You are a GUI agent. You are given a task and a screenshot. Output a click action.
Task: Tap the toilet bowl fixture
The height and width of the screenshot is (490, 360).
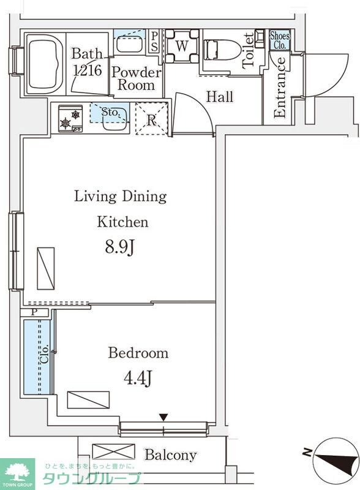pyautogui.click(x=222, y=50)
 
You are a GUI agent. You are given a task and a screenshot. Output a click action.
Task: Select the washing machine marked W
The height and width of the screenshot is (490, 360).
pyautogui.click(x=182, y=46)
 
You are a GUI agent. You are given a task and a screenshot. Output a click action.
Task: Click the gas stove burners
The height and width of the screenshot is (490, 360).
pyautogui.click(x=70, y=119)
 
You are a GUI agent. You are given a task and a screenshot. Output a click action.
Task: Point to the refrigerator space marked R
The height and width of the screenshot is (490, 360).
pyautogui.click(x=152, y=118)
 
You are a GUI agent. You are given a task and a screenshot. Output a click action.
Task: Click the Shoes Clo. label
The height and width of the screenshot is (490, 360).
pyautogui.click(x=280, y=40)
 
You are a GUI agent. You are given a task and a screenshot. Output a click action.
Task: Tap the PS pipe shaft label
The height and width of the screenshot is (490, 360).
pyautogui.click(x=154, y=41)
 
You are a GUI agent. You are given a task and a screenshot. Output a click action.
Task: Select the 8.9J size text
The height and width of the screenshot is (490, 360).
pyautogui.click(x=119, y=248)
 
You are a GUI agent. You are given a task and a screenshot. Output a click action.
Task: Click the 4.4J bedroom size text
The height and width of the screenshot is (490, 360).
pyautogui.click(x=138, y=378)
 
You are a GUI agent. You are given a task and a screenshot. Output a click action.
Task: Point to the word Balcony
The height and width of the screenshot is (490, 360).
pyautogui.click(x=171, y=455)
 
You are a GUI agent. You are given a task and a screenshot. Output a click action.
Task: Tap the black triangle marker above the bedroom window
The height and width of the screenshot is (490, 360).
pyautogui.click(x=163, y=417)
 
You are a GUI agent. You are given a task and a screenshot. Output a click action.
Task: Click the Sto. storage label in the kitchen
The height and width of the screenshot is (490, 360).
pyautogui.click(x=110, y=112)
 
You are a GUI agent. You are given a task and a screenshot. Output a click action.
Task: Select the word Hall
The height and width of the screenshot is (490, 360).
pyautogui.click(x=220, y=97)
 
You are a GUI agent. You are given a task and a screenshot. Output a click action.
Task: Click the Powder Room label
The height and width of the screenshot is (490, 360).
pyautogui.click(x=137, y=78)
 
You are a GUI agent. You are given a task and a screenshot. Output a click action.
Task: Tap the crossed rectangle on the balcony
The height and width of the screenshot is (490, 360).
pyautogui.click(x=114, y=452)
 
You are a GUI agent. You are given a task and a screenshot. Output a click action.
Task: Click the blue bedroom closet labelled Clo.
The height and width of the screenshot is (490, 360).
pyautogui.click(x=37, y=356)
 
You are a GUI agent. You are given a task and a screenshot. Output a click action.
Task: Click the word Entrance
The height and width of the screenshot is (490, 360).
pyautogui.click(x=280, y=87)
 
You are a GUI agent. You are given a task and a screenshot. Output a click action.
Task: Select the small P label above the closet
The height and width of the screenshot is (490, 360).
pyautogui.click(x=34, y=312)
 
